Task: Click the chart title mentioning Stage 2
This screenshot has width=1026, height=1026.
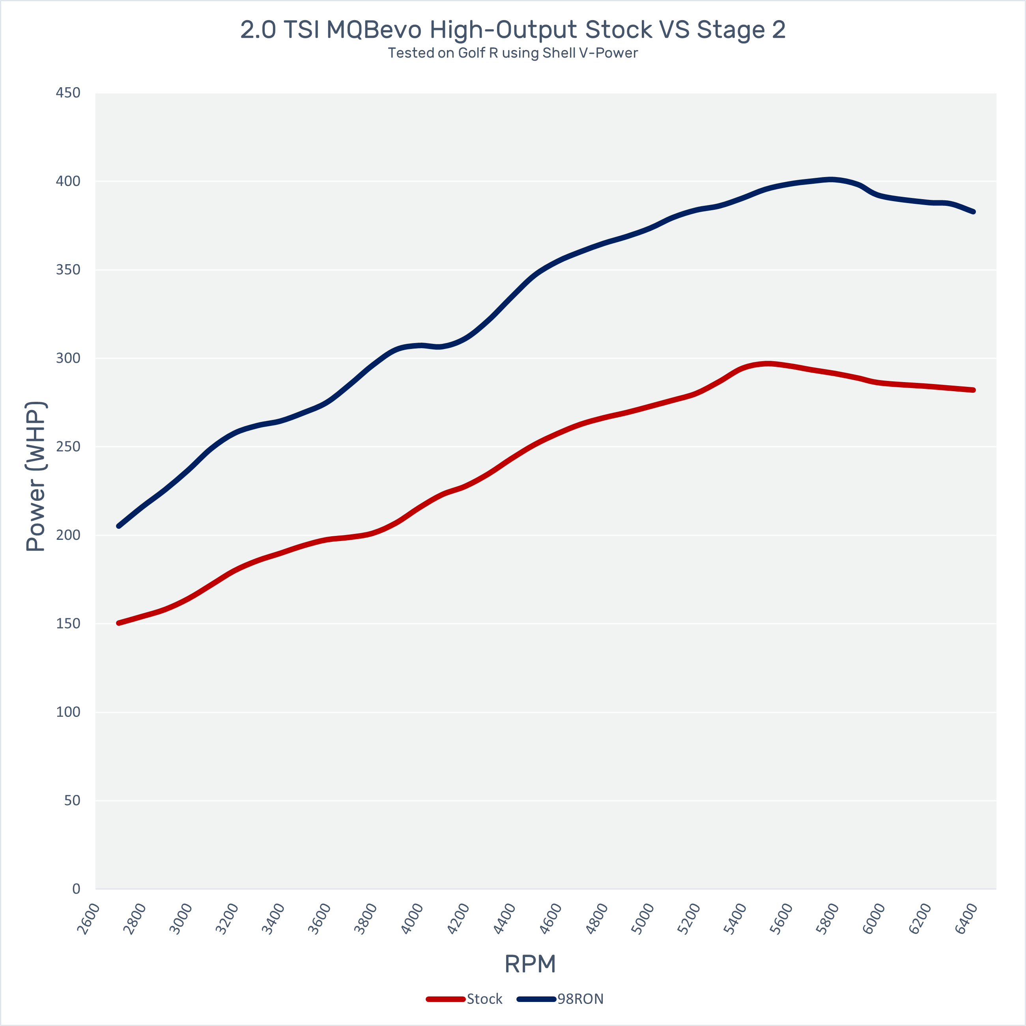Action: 513,30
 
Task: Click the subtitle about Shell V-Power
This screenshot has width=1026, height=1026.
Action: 513,53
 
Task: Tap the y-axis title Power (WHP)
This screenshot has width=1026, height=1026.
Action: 36,476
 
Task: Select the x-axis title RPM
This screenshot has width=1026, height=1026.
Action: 530,964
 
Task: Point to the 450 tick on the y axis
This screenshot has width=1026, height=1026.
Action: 68,93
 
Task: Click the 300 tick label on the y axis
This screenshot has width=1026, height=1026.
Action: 68,358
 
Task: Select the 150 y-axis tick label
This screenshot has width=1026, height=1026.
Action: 68,623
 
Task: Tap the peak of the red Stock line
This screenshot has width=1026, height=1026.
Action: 767,364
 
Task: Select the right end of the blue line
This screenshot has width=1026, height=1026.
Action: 974,211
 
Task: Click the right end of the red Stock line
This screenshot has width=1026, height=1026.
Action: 974,390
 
